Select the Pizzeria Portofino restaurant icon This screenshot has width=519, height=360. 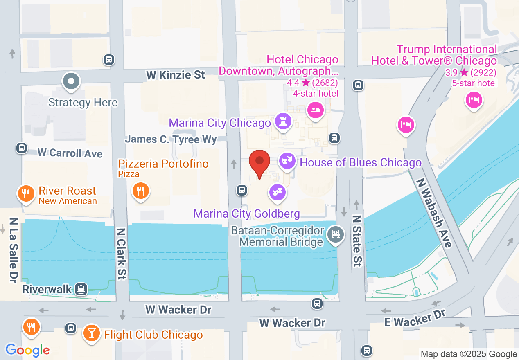[x=140, y=191]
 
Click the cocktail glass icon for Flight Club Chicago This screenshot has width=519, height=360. [x=91, y=333]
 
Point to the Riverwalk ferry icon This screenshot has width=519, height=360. [x=82, y=289]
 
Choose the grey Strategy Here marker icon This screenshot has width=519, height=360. [x=71, y=81]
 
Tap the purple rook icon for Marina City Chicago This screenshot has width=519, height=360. [x=283, y=122]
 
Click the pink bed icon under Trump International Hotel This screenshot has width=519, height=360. [x=474, y=100]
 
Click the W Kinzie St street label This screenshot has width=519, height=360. [x=176, y=75]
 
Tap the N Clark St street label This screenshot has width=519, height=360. [x=121, y=254]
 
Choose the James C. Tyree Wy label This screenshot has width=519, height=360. [x=171, y=139]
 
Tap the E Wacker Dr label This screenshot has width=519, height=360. [x=414, y=319]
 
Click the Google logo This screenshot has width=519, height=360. [x=27, y=350]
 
